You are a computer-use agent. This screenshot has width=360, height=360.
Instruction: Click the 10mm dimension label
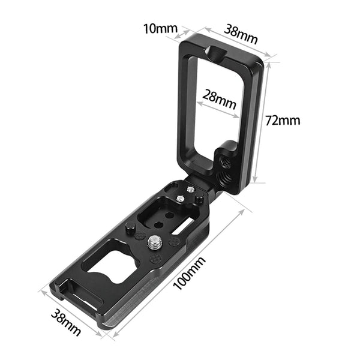[x=160, y=29]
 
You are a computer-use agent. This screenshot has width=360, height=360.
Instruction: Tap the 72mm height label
[x=283, y=121]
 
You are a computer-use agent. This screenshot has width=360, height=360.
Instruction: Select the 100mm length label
[x=189, y=273]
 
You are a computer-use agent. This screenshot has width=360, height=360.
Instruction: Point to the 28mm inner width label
[x=220, y=99]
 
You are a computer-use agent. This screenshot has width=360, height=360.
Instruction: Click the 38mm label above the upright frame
[x=241, y=34]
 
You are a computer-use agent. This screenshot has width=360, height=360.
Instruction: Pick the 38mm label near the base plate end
[x=66, y=322]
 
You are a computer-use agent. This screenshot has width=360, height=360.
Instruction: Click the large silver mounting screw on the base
[x=154, y=242]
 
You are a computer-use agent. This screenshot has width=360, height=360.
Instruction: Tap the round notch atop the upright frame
[x=215, y=52]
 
